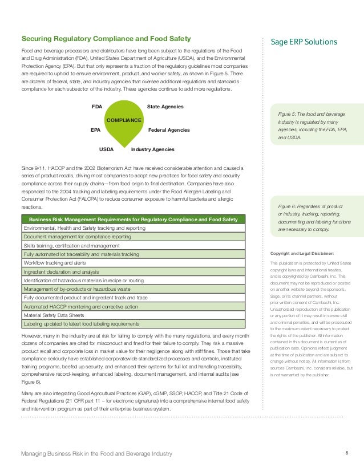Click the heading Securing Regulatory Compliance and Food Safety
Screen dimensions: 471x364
pyautogui.click(x=106, y=39)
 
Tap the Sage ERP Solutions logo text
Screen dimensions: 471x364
pyautogui.click(x=304, y=42)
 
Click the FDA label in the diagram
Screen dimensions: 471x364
pyautogui.click(x=96, y=107)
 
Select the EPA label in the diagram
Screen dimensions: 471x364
pyautogui.click(x=96, y=130)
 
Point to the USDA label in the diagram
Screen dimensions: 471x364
pyautogui.click(x=107, y=149)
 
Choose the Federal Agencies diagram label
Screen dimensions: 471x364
pyautogui.click(x=169, y=130)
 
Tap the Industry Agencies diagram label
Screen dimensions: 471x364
pyautogui.click(x=152, y=149)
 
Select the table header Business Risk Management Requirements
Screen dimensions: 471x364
pyautogui.click(x=133, y=220)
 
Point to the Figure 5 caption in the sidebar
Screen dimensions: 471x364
pyautogui.click(x=314, y=126)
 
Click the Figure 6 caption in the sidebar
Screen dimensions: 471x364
pyautogui.click(x=314, y=217)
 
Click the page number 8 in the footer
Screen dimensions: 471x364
pyautogui.click(x=347, y=453)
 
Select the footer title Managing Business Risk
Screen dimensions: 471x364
pyautogui.click(x=96, y=454)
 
